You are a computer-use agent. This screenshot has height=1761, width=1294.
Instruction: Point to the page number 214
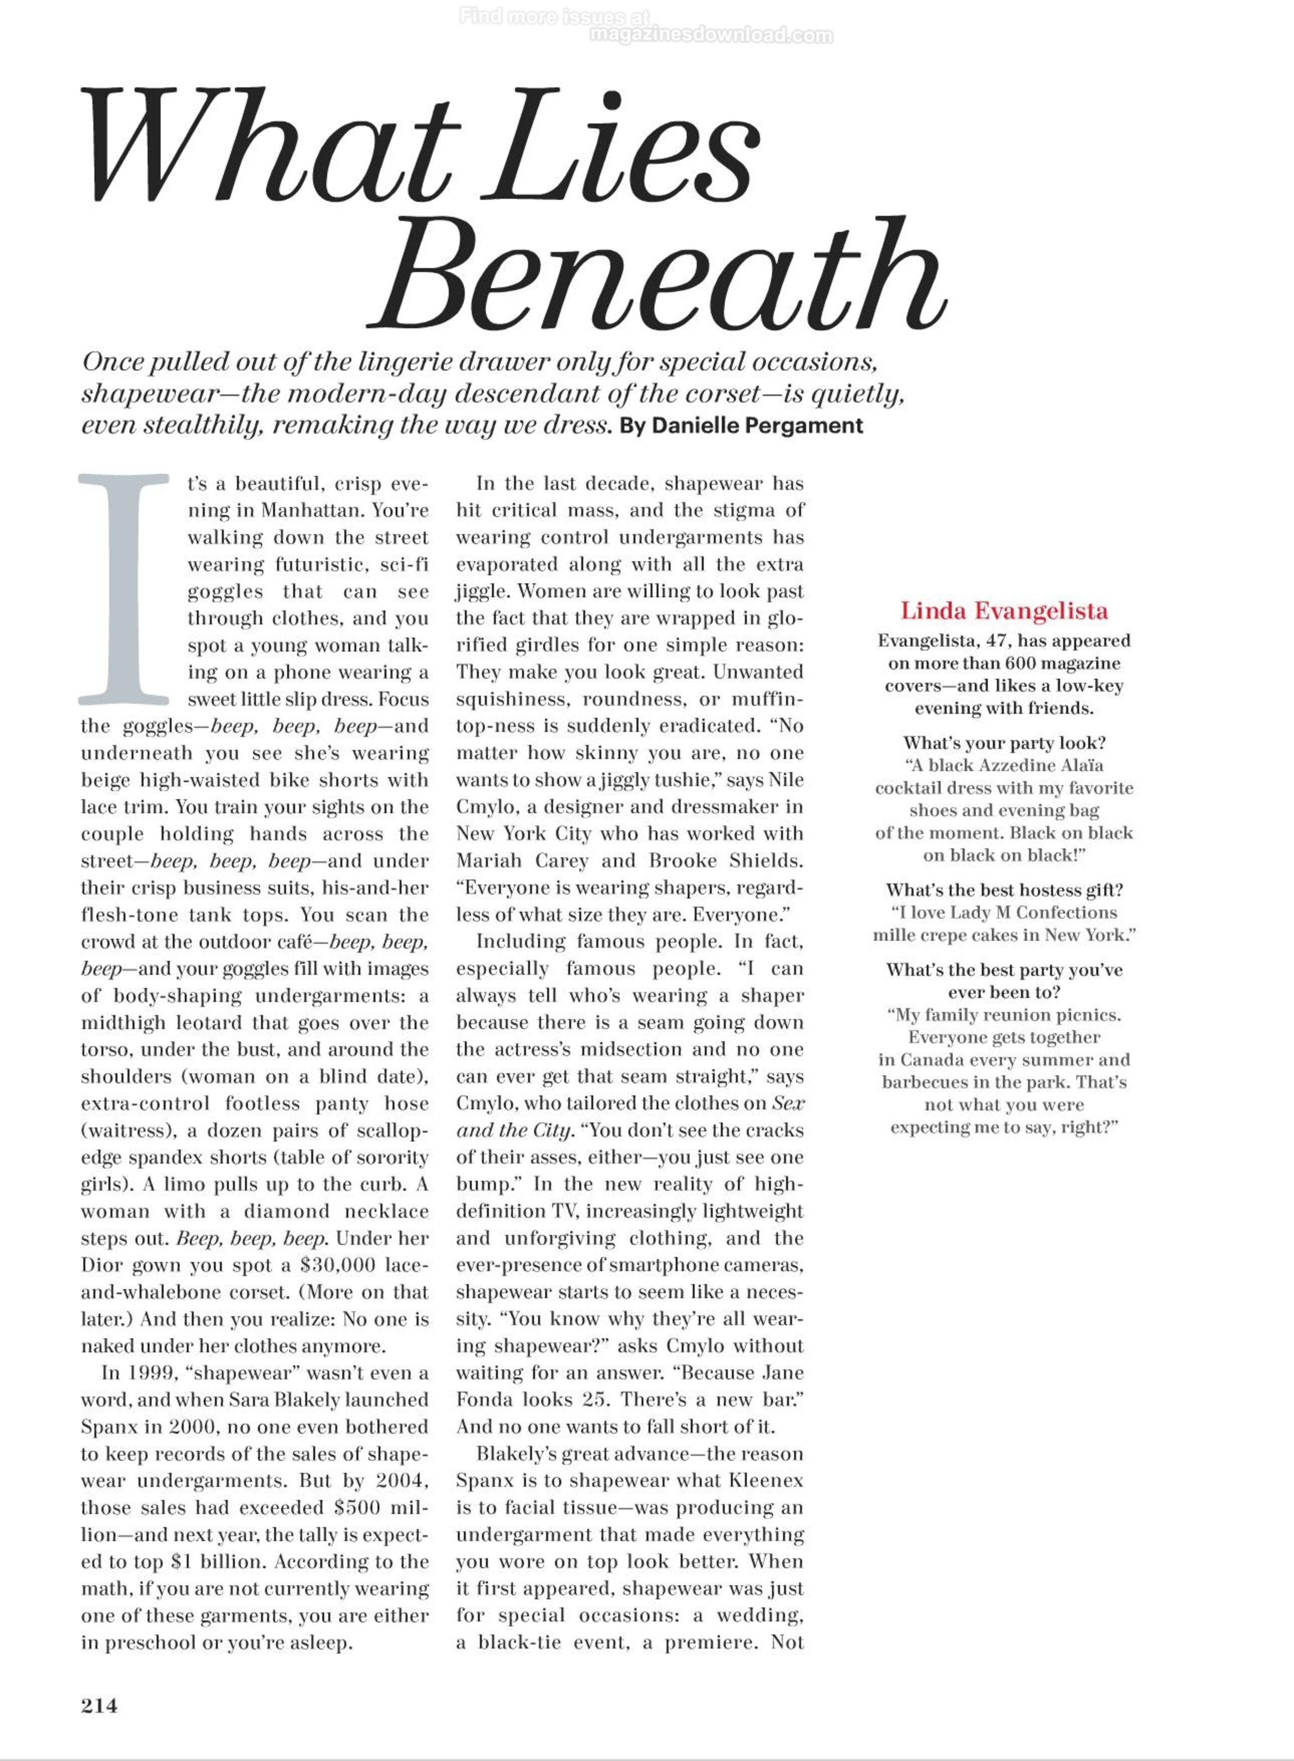[x=99, y=1705]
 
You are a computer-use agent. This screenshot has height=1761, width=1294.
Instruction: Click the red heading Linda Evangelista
[x=1003, y=610]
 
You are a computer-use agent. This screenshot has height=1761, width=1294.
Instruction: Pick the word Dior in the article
[x=99, y=1265]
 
